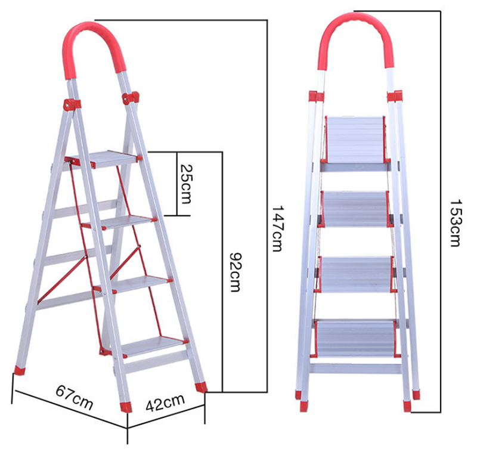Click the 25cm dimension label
(x=186, y=184)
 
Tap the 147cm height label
(x=277, y=228)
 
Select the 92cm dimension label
(x=235, y=272)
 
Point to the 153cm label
(x=456, y=222)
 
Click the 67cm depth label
(x=74, y=397)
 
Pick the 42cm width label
(x=165, y=403)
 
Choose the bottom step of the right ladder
(x=355, y=339)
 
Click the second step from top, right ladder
(x=355, y=209)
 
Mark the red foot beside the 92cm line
(x=201, y=387)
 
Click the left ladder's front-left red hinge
(x=72, y=104)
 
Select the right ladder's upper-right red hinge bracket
(x=395, y=96)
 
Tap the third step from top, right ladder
(x=355, y=275)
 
